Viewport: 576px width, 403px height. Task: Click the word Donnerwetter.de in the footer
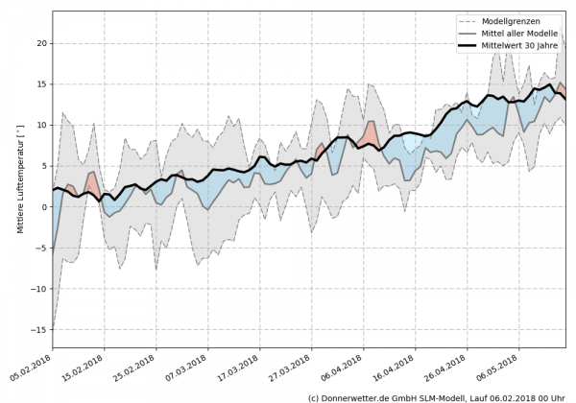362,396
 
